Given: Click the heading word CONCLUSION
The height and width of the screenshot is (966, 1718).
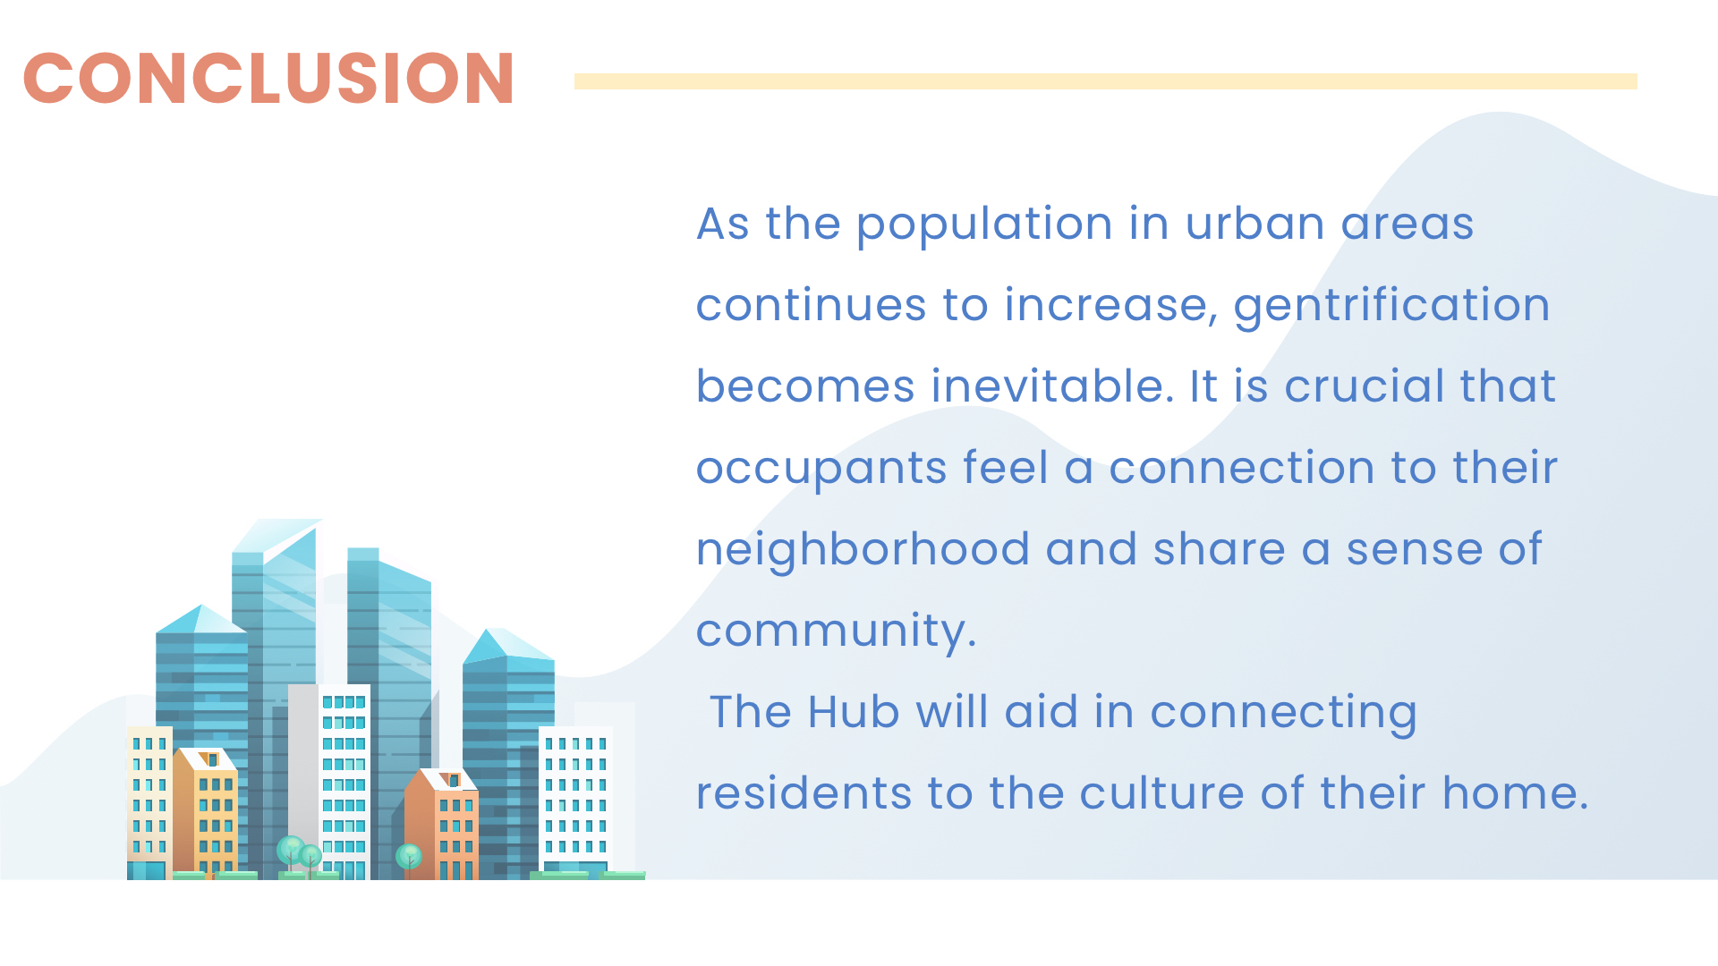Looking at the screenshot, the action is pyautogui.click(x=268, y=78).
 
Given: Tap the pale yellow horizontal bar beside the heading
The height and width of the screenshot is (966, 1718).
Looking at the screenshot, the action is pyautogui.click(x=1105, y=81).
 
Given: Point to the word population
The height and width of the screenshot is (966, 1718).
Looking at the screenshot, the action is pyautogui.click(x=984, y=225).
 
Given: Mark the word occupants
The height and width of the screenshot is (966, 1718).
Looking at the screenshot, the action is pyautogui.click(x=821, y=470).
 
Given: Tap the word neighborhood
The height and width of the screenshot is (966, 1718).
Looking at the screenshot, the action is pyautogui.click(x=863, y=550).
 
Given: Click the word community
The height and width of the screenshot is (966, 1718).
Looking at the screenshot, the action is pyautogui.click(x=836, y=632).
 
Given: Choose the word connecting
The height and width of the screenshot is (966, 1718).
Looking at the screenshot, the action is pyautogui.click(x=1283, y=715).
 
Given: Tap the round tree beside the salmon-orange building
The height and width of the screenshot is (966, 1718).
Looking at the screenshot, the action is pyautogui.click(x=409, y=857).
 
